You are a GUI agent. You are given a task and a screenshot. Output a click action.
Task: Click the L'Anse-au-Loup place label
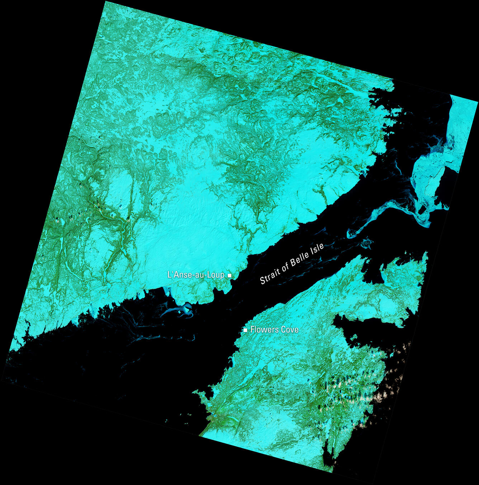tap(196, 275)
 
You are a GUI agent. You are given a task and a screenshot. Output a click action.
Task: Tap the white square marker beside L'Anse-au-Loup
tap(230, 275)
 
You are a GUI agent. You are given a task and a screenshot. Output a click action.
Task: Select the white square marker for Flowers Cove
tap(245, 330)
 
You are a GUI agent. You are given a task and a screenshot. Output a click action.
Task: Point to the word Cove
tap(289, 330)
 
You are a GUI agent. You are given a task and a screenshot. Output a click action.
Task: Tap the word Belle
tap(300, 258)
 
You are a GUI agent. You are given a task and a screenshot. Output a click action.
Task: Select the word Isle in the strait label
tap(317, 248)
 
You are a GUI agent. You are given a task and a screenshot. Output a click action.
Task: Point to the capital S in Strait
tap(262, 280)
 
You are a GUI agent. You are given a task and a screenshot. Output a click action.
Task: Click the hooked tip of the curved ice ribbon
tap(350, 235)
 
